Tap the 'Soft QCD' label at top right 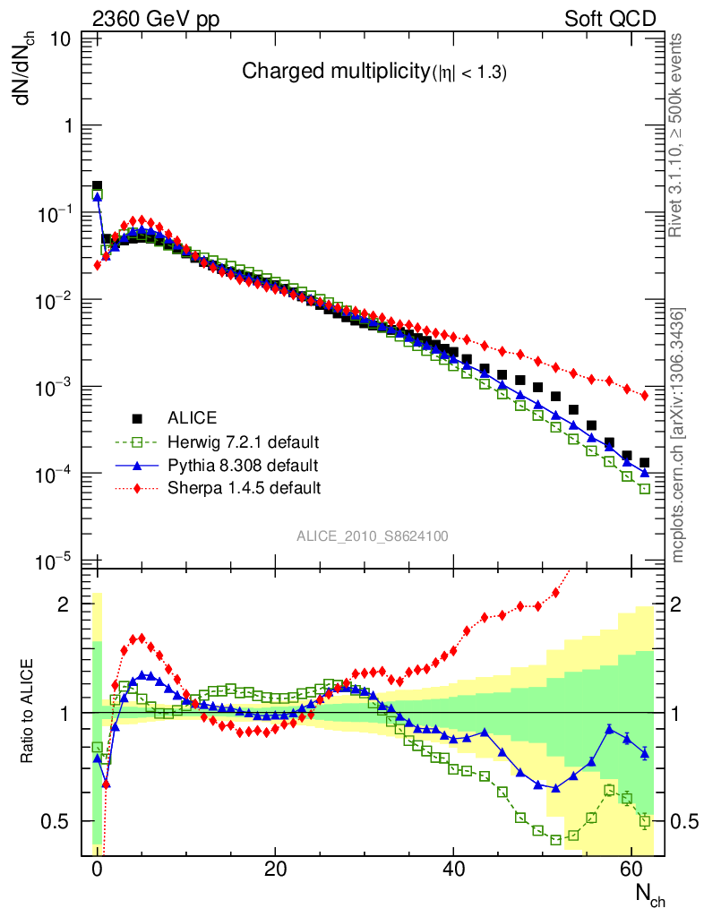610,19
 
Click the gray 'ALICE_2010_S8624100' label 373,536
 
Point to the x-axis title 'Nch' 650,895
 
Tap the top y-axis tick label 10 62,39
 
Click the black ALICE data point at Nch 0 97,185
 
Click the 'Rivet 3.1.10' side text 677,135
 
